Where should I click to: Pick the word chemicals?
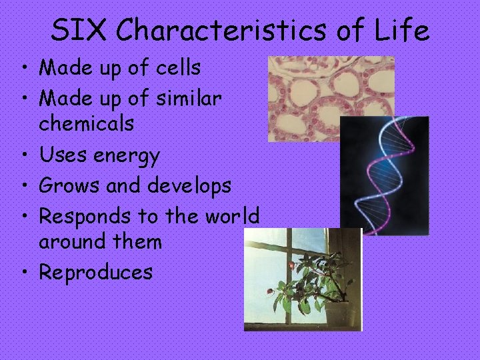[86, 123]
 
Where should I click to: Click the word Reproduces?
[95, 272]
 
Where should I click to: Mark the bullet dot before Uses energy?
[23, 155]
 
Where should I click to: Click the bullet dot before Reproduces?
[23, 271]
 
